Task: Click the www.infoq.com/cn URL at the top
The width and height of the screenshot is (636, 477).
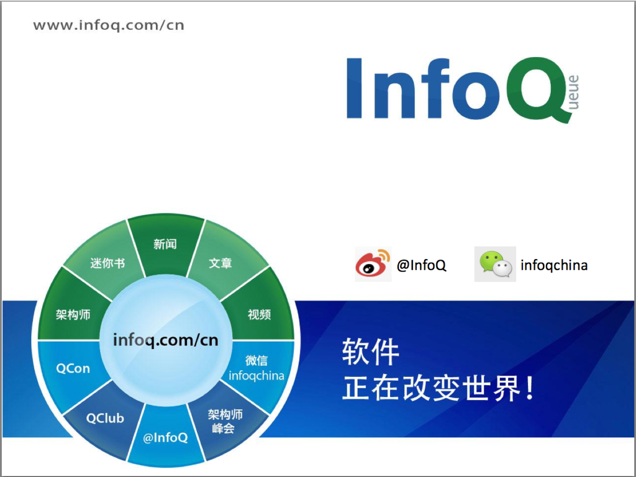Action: pyautogui.click(x=109, y=25)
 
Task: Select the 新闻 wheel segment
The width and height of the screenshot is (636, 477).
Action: pyautogui.click(x=165, y=245)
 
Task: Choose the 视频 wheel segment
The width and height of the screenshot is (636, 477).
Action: pyautogui.click(x=259, y=314)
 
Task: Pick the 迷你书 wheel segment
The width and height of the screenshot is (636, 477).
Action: pyautogui.click(x=107, y=263)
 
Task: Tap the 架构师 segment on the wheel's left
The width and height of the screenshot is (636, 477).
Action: pyautogui.click(x=73, y=315)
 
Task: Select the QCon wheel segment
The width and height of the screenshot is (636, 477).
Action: pyautogui.click(x=73, y=368)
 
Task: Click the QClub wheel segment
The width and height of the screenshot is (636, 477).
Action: pyautogui.click(x=105, y=418)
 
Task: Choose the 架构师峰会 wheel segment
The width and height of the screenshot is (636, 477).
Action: pyautogui.click(x=225, y=421)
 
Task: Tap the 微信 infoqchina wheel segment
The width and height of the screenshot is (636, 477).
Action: pyautogui.click(x=257, y=368)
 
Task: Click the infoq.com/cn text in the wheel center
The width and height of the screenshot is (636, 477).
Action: pyautogui.click(x=165, y=340)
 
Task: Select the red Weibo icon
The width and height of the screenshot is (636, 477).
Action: pyautogui.click(x=373, y=264)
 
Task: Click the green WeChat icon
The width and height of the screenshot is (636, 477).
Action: pyautogui.click(x=495, y=264)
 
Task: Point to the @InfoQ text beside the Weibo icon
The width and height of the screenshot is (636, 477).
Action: pyautogui.click(x=421, y=266)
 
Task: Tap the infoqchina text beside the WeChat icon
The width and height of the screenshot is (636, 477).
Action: pyautogui.click(x=554, y=266)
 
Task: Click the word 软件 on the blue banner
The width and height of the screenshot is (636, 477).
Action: pyautogui.click(x=371, y=353)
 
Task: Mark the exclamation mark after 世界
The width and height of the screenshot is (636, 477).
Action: pyautogui.click(x=529, y=389)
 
